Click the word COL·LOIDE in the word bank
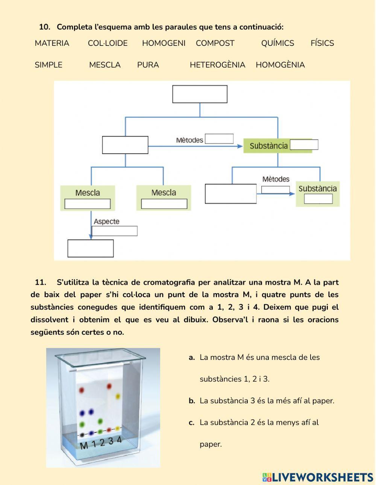(x=108, y=43)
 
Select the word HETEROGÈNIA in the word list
(x=217, y=65)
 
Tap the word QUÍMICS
(x=277, y=43)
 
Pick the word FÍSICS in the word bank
(x=322, y=43)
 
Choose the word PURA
(x=148, y=65)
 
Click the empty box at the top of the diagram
(x=200, y=94)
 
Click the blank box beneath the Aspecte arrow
(x=90, y=248)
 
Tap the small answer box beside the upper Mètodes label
(x=219, y=139)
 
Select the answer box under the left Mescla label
(x=88, y=204)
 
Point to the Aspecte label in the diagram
(x=106, y=222)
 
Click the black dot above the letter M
(x=82, y=435)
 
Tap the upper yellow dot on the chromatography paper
(x=118, y=396)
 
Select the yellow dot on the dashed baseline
(x=117, y=428)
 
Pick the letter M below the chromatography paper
(x=84, y=446)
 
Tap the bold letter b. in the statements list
(x=192, y=401)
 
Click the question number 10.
(x=44, y=27)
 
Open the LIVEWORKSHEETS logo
(x=318, y=477)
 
